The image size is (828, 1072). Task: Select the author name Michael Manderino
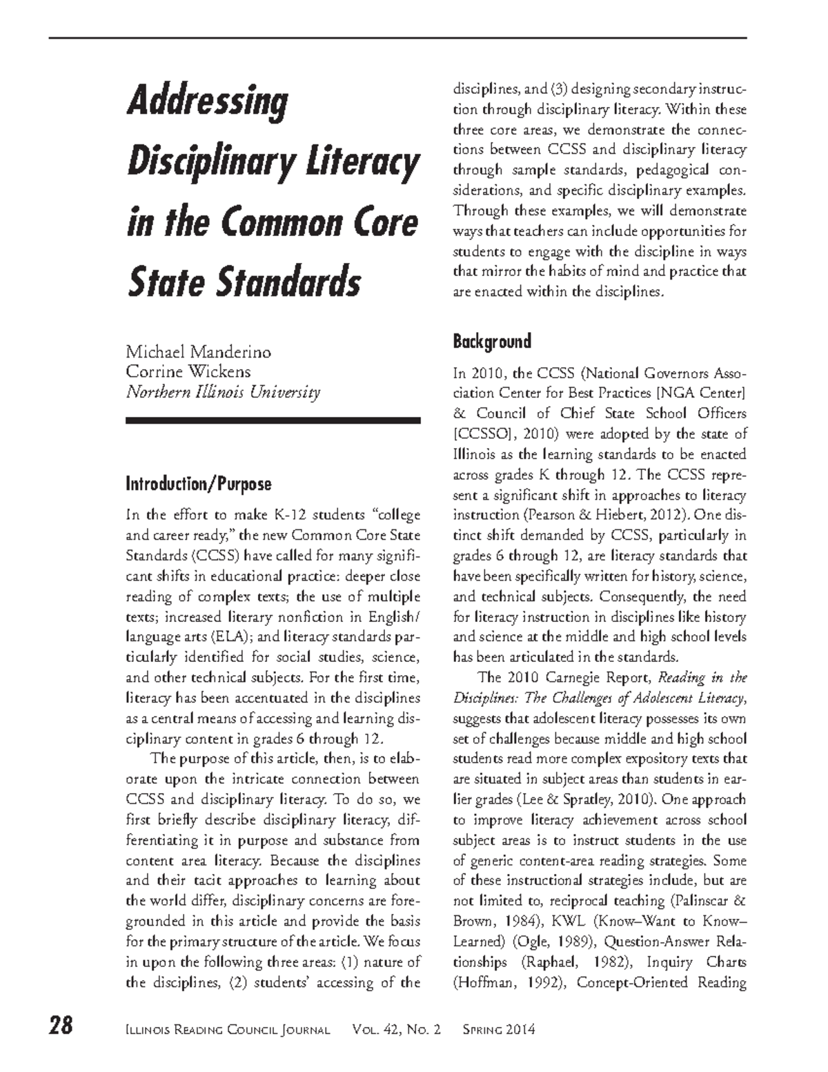coord(198,352)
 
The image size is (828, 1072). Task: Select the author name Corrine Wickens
coord(188,372)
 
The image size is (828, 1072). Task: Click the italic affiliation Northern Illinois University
coord(223,392)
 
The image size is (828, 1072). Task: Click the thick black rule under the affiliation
coord(273,420)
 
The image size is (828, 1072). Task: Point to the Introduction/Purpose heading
coord(198,484)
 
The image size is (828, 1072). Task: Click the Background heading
coord(491,341)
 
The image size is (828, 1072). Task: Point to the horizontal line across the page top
coord(397,37)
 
